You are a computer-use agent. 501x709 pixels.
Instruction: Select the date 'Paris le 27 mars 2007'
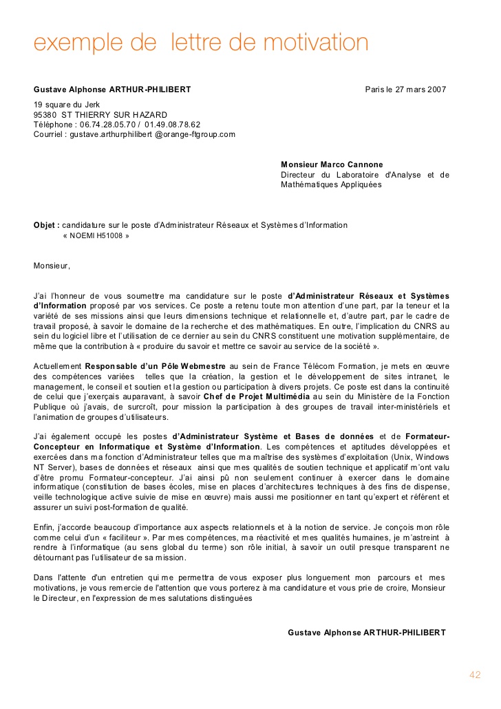(x=405, y=89)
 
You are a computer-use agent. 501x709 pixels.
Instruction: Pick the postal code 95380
(x=45, y=115)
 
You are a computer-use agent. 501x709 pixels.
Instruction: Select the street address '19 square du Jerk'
(x=67, y=105)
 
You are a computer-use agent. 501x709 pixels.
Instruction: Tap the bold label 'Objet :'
(x=46, y=225)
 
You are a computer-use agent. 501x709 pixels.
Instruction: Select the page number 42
(x=475, y=675)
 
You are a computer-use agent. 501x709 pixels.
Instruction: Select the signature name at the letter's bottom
(x=366, y=633)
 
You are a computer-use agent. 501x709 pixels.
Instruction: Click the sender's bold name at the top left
(x=112, y=89)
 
